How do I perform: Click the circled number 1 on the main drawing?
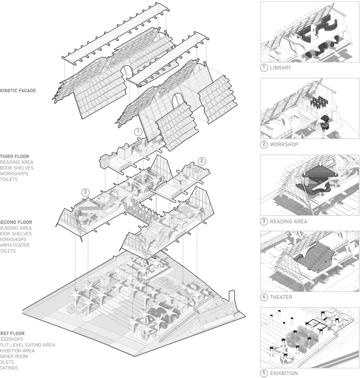pos(137,131)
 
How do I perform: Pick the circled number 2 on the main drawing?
pos(202,161)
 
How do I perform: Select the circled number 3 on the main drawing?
pos(86,192)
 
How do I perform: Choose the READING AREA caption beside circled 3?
pos(288,222)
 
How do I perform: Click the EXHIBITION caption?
pos(286,373)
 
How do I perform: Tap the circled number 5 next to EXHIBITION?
pos(264,373)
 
